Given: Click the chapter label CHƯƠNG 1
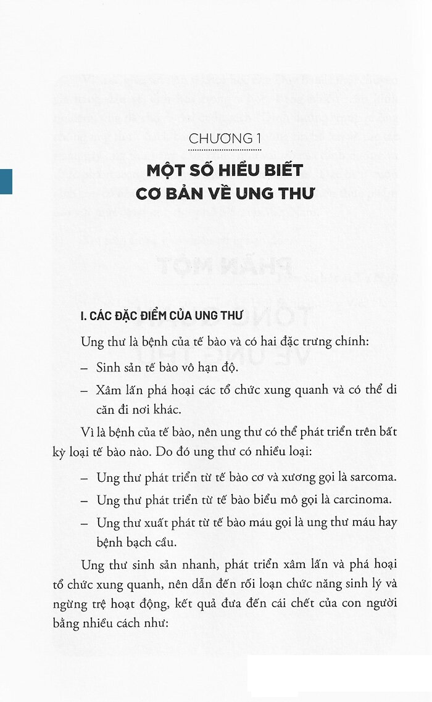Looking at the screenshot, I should pyautogui.click(x=225, y=139).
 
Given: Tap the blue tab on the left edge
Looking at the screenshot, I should pyautogui.click(x=6, y=181).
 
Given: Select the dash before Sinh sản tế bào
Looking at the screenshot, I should pyautogui.click(x=84, y=367).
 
